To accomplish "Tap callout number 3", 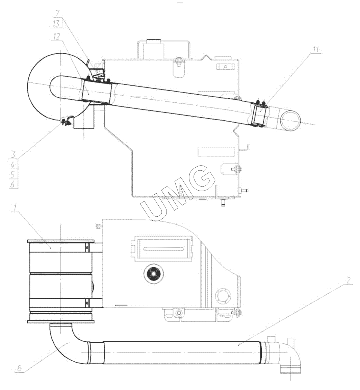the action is click(14, 154).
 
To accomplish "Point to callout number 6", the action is click(14, 184).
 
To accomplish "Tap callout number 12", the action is click(57, 37).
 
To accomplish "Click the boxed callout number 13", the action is click(56, 24).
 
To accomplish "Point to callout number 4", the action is click(14, 165).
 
